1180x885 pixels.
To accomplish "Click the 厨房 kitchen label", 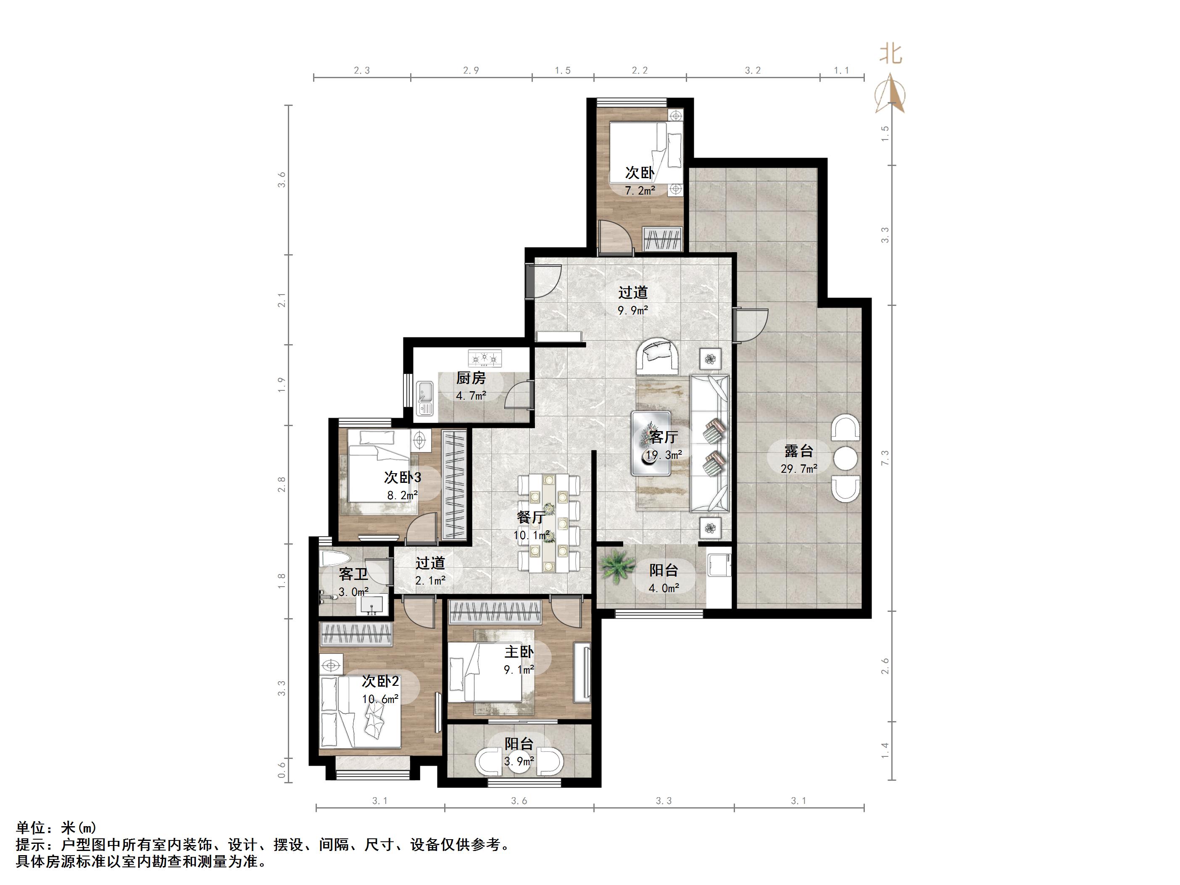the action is pos(471,378).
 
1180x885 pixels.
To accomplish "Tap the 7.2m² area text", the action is pos(640,190).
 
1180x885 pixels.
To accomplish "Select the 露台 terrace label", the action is pos(798,451).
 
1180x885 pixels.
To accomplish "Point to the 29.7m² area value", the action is pos(798,469).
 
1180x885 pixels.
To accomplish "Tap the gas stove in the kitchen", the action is pos(485,358).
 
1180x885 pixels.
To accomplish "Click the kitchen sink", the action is pos(426,398).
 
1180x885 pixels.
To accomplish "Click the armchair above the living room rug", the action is pos(658,356).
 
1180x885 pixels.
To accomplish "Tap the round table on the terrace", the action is pos(845,458).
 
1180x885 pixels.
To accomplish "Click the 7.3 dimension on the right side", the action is pos(885,458).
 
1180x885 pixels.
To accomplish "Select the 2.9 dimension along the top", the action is pos(471,70).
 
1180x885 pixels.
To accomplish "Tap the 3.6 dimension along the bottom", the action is pos(519,801).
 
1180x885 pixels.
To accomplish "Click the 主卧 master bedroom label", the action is pos(519,652).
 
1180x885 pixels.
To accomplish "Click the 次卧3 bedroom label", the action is pos(403,477).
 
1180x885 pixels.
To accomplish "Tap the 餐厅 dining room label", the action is pos(531,517).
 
